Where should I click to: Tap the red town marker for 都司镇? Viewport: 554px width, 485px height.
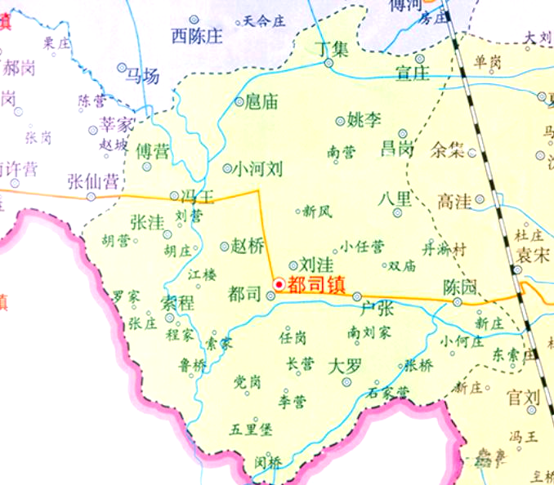[279, 284]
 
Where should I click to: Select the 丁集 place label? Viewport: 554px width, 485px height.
[333, 48]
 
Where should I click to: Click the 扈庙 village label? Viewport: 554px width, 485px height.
[261, 102]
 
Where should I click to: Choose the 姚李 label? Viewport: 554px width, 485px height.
[364, 120]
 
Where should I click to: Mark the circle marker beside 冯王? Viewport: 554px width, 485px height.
[174, 195]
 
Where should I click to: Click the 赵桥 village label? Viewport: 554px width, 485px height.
[248, 246]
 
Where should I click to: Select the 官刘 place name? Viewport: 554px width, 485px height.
[523, 398]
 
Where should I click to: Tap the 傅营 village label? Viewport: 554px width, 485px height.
[152, 150]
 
